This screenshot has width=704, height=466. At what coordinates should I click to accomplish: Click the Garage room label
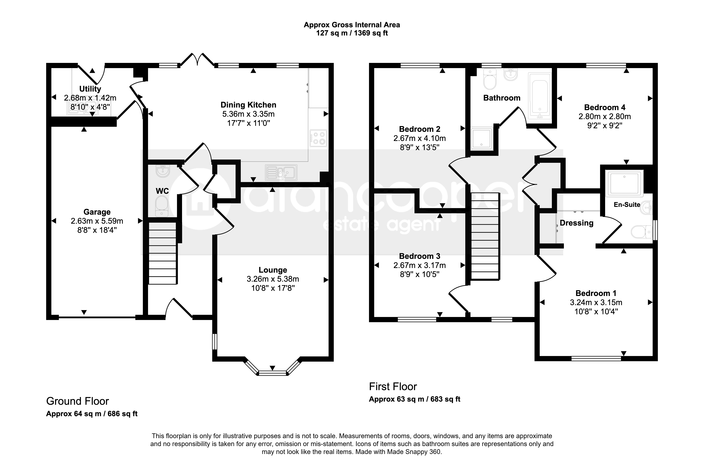97,212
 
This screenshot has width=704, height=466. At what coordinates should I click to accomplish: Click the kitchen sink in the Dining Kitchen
281,172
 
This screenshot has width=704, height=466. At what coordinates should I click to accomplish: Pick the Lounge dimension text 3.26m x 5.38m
273,279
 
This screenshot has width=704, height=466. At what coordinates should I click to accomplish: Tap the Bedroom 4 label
605,107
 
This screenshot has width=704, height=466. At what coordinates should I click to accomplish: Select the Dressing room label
576,223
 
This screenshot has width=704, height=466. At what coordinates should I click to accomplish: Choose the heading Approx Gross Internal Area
352,25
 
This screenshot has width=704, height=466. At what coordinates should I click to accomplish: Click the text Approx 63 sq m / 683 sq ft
415,399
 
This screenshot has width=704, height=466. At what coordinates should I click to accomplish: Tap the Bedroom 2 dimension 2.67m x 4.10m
419,138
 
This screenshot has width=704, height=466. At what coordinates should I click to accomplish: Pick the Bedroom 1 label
596,293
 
